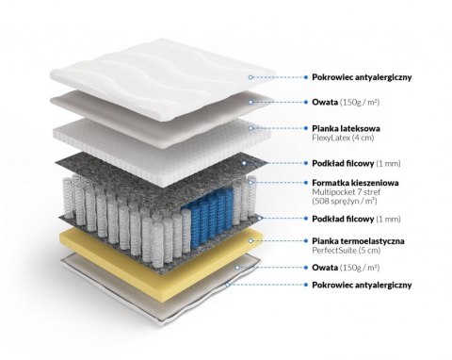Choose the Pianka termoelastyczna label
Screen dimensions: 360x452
359,241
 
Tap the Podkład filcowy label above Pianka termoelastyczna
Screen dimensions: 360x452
346,219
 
